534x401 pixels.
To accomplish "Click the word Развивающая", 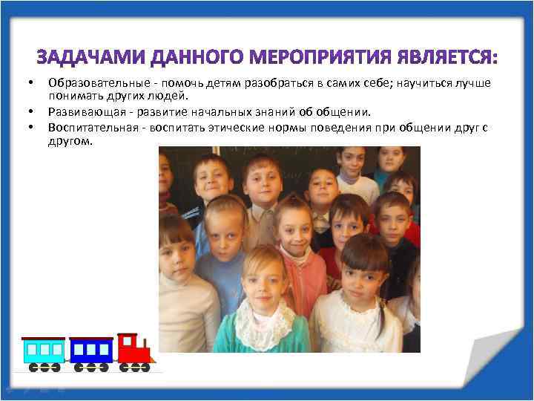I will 80,111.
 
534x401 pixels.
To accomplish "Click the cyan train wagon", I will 43,351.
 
